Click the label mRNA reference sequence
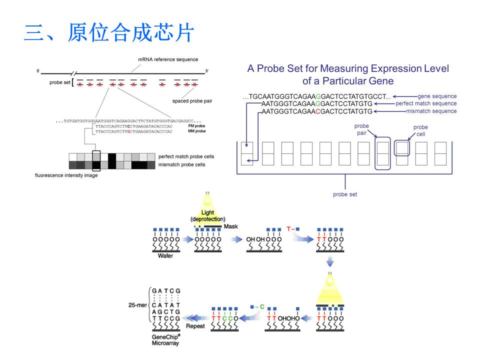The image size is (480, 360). tap(168, 60)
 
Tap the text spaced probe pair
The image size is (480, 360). tap(192, 101)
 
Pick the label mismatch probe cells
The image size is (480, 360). tap(182, 164)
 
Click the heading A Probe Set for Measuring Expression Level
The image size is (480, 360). tap(348, 69)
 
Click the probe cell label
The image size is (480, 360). tap(420, 130)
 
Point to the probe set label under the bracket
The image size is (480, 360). tap(345, 194)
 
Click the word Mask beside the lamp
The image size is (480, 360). tap(231, 226)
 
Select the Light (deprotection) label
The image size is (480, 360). tap(208, 216)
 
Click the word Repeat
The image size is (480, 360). tap(195, 325)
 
